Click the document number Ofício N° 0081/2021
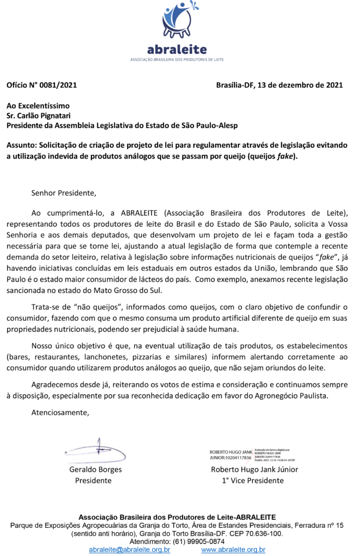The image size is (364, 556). [42, 85]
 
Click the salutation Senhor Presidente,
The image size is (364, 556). [63, 192]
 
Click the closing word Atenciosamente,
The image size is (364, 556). [60, 412]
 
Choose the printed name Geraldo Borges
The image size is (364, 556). [95, 470]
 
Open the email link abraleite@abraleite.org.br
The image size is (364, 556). [129, 550]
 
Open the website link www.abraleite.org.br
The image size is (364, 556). [233, 550]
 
